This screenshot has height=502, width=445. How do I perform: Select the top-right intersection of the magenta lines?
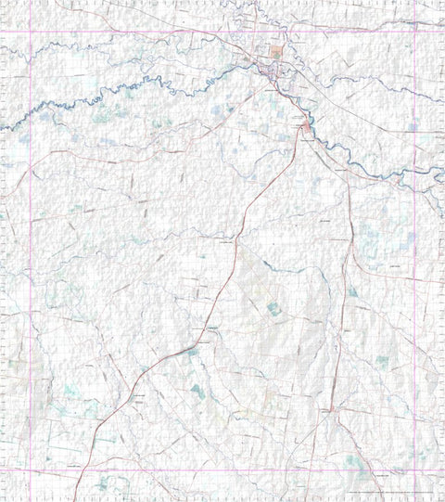pos(413,32)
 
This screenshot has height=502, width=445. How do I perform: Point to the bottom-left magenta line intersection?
pos(31,470)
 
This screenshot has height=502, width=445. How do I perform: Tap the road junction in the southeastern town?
pos(330,408)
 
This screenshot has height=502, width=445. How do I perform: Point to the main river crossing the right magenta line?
pos(413,176)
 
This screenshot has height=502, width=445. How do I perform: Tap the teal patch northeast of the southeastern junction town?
pos(382,362)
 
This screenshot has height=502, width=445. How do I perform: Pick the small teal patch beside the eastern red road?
pos(352,292)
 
